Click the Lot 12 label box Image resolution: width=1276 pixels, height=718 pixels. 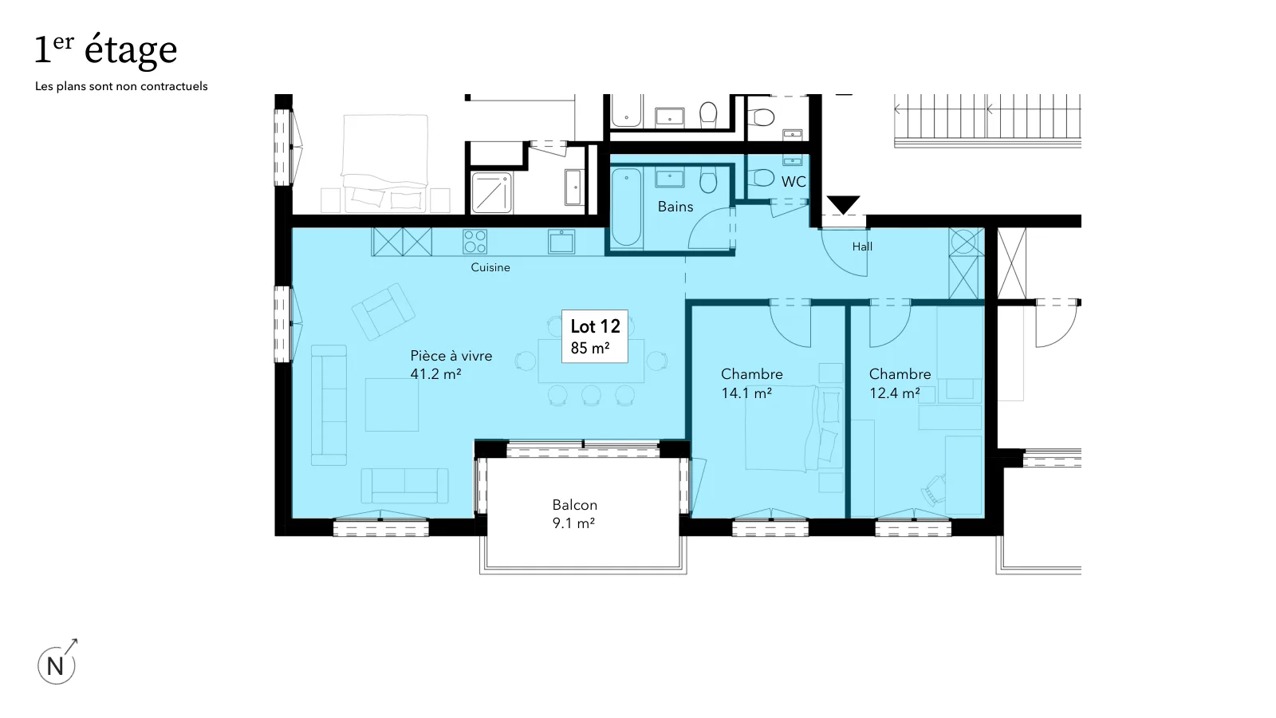click(x=595, y=336)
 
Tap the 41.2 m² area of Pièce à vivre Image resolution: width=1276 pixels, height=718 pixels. click(x=435, y=374)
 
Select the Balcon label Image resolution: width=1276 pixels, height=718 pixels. click(x=575, y=505)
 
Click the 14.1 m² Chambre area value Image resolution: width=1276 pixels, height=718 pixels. click(x=746, y=393)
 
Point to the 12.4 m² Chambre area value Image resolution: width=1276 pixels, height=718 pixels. click(x=894, y=393)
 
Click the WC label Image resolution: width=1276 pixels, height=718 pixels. click(x=794, y=182)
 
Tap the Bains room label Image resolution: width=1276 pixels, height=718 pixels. click(x=675, y=207)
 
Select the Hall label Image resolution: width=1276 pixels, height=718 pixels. click(x=862, y=247)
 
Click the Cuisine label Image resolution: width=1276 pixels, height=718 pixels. click(x=490, y=267)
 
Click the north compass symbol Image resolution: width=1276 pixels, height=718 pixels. click(x=57, y=663)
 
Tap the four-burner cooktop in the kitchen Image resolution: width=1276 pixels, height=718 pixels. click(x=475, y=241)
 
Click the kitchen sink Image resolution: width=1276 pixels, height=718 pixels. click(x=561, y=241)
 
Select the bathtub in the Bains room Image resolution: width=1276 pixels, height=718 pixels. click(x=627, y=207)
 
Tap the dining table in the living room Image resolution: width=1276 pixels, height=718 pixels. click(x=591, y=361)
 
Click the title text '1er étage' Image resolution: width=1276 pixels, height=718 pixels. click(x=106, y=50)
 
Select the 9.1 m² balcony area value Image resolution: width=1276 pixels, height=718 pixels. click(x=573, y=523)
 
